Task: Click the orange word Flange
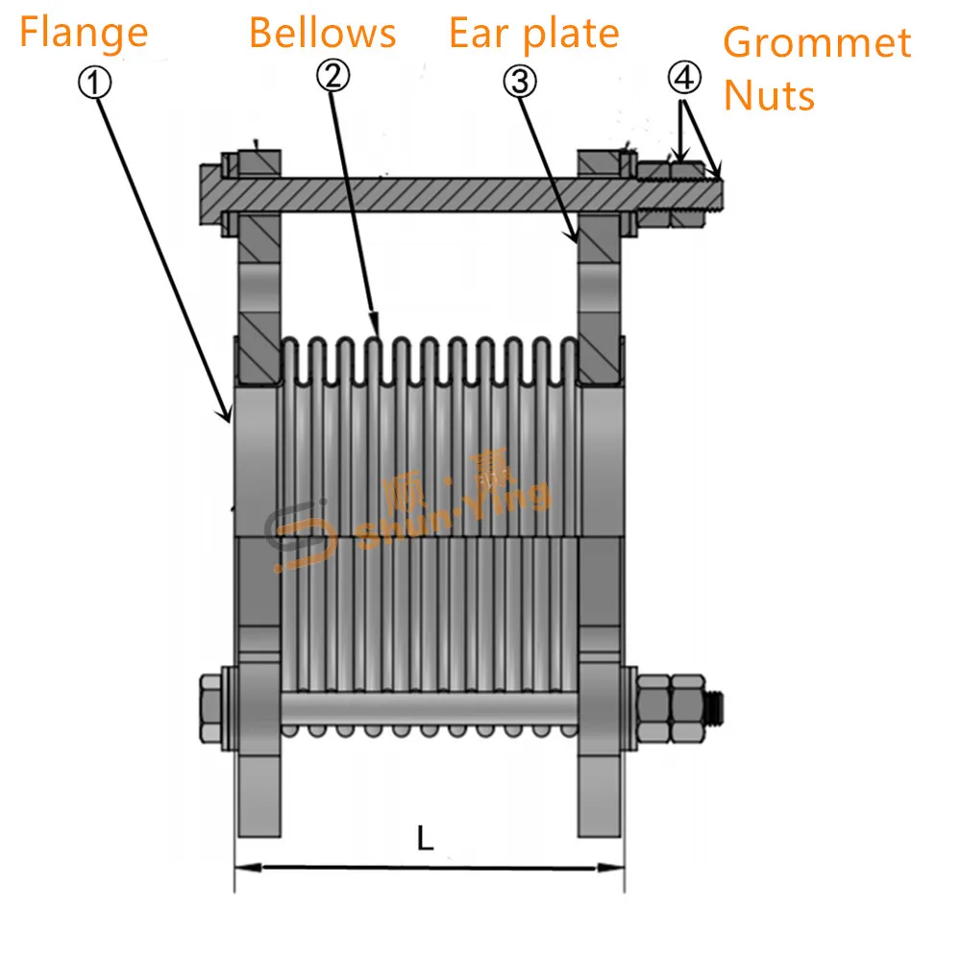(84, 33)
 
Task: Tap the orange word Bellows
(322, 33)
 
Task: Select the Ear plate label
(533, 33)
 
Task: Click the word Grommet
(817, 43)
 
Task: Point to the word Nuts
(769, 95)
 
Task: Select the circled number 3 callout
(519, 83)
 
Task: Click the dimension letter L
(425, 839)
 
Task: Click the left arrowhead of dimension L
(246, 868)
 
